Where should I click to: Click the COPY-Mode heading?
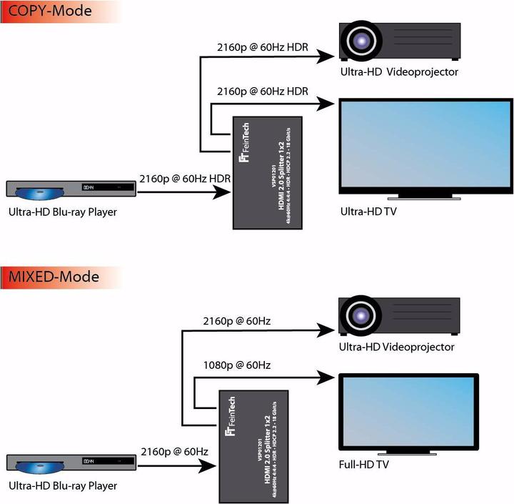pos(51,11)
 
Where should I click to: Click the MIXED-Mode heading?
pos(54,275)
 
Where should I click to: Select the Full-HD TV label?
pos(363,465)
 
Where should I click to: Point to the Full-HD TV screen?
pos(408,410)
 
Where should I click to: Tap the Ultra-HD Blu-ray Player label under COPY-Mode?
pos(63,212)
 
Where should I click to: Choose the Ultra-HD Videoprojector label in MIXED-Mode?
pos(395,347)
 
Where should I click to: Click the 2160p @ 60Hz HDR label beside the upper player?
pos(184,177)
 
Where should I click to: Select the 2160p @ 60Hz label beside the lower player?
pos(174,452)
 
